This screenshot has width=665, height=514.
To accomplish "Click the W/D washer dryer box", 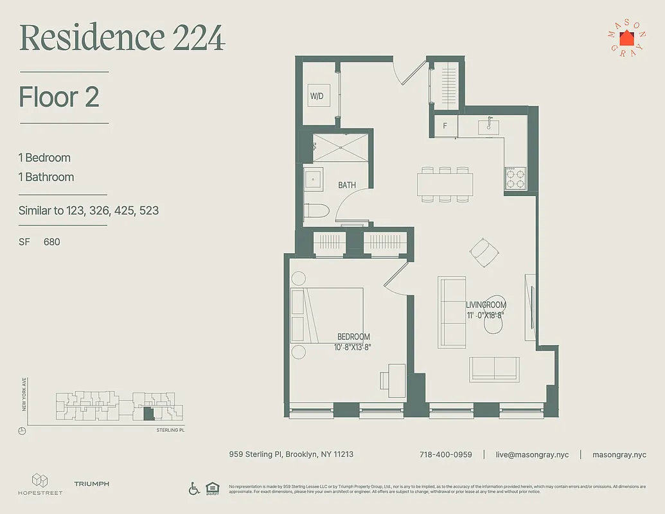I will (x=317, y=96).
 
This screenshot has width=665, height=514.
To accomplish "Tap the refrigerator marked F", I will (x=445, y=125).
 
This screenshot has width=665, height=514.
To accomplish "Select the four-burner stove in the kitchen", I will (x=515, y=178).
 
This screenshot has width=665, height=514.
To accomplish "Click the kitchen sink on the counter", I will (x=489, y=125).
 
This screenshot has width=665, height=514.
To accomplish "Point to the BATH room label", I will (x=347, y=185).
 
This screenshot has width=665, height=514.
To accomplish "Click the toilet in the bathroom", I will (x=317, y=211).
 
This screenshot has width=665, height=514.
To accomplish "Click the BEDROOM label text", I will (x=353, y=337).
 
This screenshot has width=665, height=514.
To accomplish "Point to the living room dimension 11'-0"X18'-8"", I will (x=486, y=315).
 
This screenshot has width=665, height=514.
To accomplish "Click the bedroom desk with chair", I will (x=392, y=377).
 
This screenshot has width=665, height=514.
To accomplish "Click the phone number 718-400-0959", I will (x=445, y=454).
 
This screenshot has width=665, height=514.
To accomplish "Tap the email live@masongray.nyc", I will (x=532, y=454).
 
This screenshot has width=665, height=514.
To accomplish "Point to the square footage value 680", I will (x=52, y=242).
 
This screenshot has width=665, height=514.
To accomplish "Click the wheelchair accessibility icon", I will (x=194, y=488).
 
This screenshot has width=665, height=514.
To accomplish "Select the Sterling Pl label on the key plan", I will (x=170, y=430).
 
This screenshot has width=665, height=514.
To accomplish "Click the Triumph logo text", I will (x=91, y=484).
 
